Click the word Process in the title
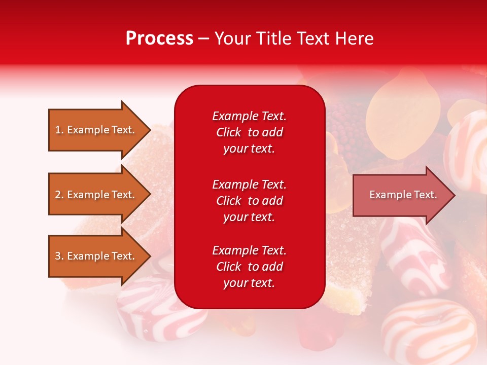coord(159,38)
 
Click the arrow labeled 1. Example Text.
coord(100,130)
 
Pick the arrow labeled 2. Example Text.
coord(100,194)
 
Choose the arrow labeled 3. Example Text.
coord(100,255)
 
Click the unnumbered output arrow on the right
coord(404,195)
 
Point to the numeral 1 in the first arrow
coord(58,130)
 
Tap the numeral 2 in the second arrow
coord(58,195)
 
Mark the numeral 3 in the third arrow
coord(58,255)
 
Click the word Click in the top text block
coord(229,132)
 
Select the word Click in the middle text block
coord(229,201)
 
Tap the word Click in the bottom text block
coord(229,266)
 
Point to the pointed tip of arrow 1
coord(151,130)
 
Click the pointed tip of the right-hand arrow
coord(456,195)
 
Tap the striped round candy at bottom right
coord(429,329)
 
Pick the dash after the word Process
coord(204,39)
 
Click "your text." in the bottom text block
coord(249,283)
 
